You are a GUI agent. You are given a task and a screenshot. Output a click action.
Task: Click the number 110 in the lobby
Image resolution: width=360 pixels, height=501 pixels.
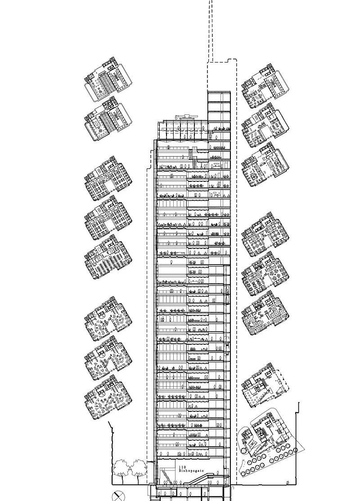182,467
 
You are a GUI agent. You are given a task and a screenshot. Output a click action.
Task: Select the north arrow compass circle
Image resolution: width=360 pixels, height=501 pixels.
118,496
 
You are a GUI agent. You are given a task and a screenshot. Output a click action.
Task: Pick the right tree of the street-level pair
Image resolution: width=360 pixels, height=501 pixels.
139,469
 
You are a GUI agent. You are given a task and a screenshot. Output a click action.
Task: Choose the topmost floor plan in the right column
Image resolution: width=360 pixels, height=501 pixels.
265,86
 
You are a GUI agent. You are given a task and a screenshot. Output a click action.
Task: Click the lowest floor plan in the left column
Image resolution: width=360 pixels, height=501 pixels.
108,397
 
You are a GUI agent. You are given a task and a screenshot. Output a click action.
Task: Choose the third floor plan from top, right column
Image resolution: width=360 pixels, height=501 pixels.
265,165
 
